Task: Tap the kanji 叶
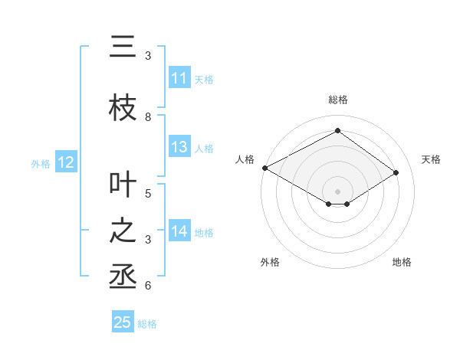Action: (123, 185)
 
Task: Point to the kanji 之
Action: (123, 231)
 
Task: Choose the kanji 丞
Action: (123, 277)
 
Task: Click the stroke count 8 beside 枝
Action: (148, 117)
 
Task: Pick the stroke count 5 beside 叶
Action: (148, 193)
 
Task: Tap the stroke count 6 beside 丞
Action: (148, 286)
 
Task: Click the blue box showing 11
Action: (179, 78)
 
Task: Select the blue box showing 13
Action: (179, 147)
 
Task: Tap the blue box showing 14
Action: (179, 231)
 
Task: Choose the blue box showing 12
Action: (65, 162)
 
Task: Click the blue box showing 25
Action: (123, 322)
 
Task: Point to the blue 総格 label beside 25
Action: (147, 324)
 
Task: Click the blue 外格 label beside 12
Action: (40, 163)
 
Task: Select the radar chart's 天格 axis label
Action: (432, 159)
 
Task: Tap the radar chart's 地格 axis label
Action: (402, 262)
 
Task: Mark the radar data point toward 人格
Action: (264, 168)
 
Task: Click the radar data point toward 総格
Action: (337, 131)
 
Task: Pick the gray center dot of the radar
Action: (337, 191)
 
